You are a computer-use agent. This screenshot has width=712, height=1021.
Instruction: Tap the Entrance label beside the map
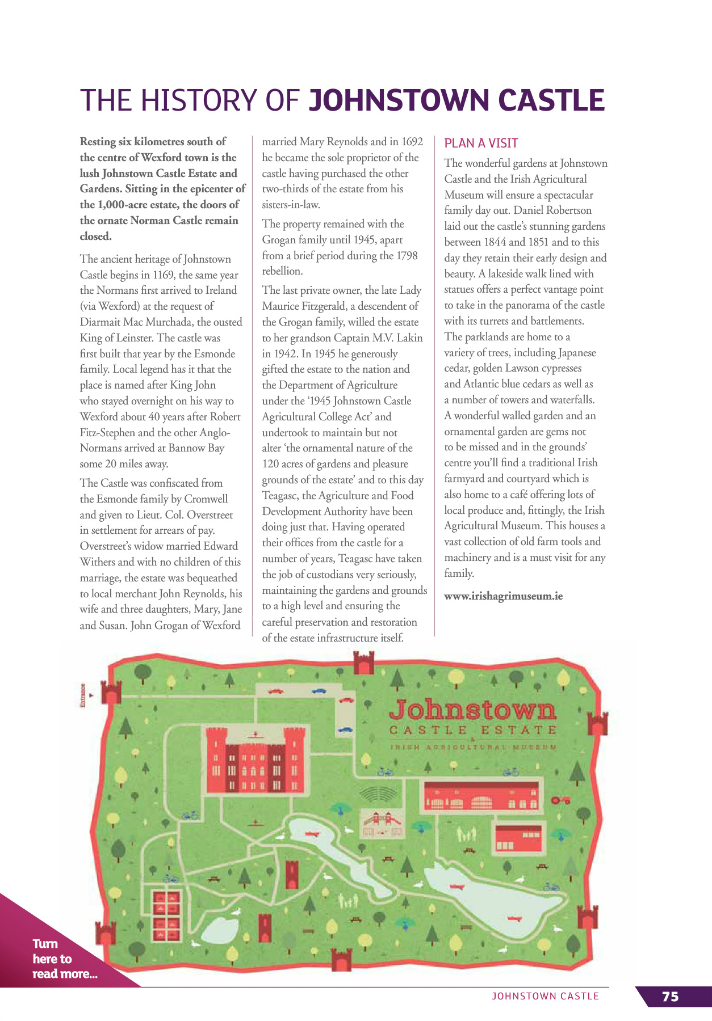(x=83, y=694)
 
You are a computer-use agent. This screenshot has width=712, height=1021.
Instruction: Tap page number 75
(x=670, y=996)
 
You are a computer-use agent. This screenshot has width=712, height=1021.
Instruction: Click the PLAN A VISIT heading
(x=481, y=143)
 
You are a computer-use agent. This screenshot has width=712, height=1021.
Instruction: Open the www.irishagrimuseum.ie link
(x=503, y=596)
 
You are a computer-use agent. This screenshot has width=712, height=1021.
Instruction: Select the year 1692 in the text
(x=412, y=141)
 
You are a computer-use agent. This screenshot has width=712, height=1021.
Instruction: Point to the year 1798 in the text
(x=406, y=255)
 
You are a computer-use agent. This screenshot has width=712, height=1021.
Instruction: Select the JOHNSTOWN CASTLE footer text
(x=545, y=996)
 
